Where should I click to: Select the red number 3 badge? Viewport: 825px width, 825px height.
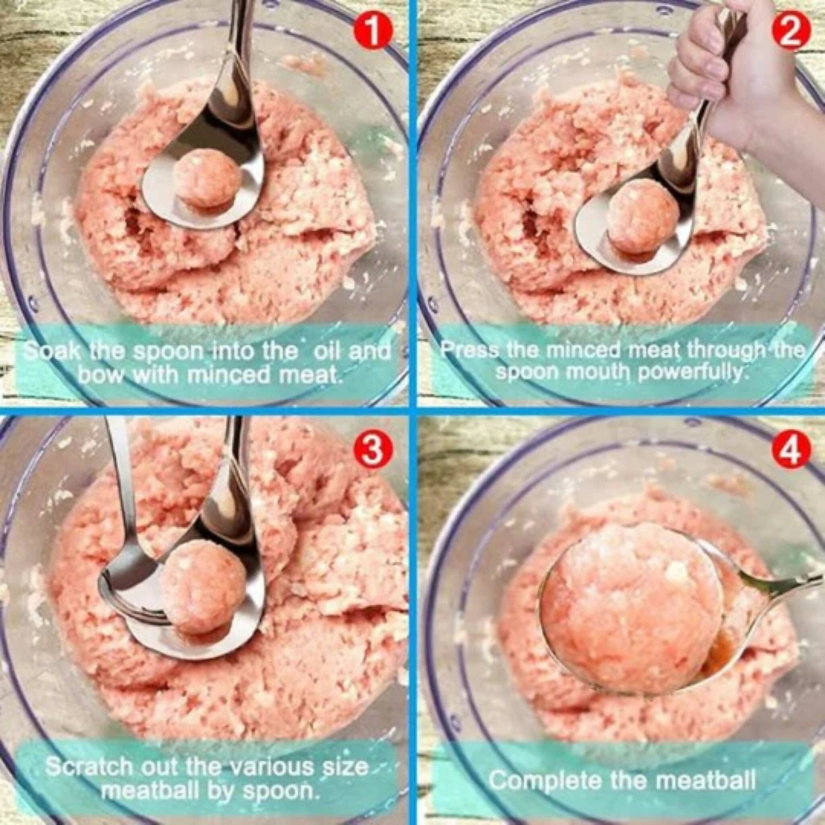tap(372, 453)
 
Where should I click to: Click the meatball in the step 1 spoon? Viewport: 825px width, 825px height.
tap(206, 178)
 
